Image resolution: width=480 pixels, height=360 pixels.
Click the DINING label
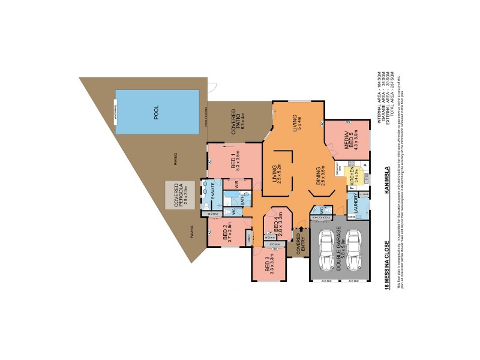(320, 176)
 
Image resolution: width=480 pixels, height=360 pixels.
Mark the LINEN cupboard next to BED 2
(249, 238)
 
